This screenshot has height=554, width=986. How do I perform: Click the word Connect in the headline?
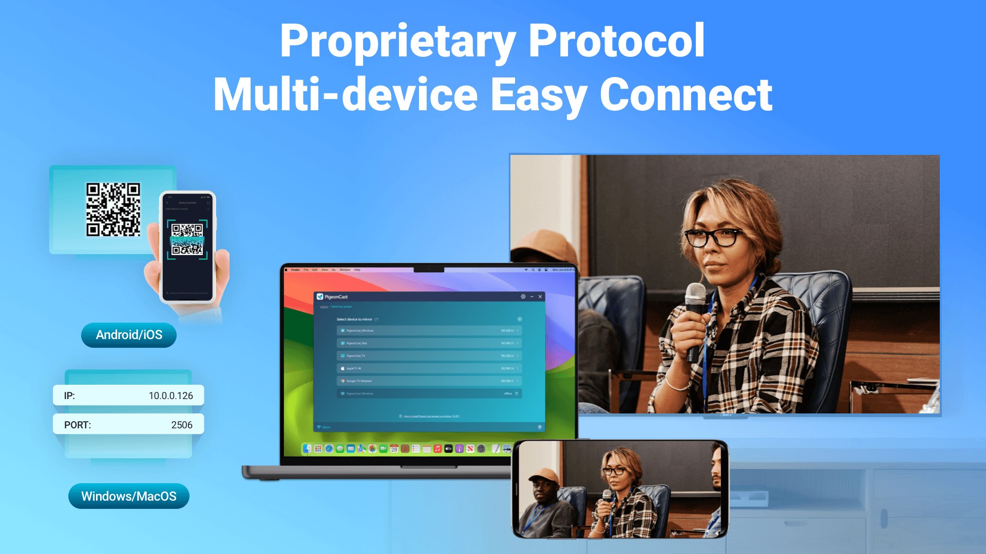pyautogui.click(x=686, y=95)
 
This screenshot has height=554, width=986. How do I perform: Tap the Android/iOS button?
pyautogui.click(x=129, y=335)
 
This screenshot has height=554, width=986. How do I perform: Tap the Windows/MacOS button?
pyautogui.click(x=129, y=496)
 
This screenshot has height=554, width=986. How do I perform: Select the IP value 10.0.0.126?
pyautogui.click(x=170, y=395)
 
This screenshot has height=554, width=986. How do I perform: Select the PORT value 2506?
pyautogui.click(x=182, y=425)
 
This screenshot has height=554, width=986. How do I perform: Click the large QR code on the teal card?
pyautogui.click(x=113, y=210)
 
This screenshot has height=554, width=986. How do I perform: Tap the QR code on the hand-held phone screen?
pyautogui.click(x=187, y=239)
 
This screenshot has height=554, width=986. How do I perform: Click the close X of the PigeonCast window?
pyautogui.click(x=540, y=296)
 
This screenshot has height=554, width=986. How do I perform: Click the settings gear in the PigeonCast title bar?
pyautogui.click(x=523, y=296)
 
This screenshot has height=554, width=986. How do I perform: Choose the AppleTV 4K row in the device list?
pyautogui.click(x=429, y=368)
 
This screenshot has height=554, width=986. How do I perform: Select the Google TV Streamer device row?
pyautogui.click(x=429, y=381)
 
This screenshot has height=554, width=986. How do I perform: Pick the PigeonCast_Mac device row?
pyautogui.click(x=429, y=343)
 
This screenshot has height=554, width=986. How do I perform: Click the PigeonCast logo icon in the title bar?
pyautogui.click(x=320, y=296)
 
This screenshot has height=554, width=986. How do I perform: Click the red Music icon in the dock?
pyautogui.click(x=437, y=449)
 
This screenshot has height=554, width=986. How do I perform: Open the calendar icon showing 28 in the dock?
pyautogui.click(x=394, y=449)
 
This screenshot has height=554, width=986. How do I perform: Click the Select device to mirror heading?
pyautogui.click(x=354, y=319)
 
